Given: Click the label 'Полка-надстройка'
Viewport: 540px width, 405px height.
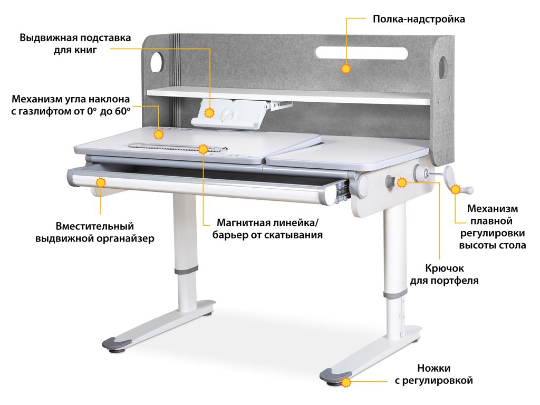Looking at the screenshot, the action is click(x=419, y=19).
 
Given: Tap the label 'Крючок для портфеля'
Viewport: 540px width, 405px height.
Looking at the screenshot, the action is click(x=444, y=274).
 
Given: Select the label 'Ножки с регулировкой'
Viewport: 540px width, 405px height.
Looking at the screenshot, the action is click(x=434, y=374).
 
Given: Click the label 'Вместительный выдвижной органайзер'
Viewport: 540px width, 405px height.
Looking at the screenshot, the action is click(x=95, y=233).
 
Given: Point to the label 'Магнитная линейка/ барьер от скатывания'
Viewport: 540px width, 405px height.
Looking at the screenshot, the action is click(x=267, y=229).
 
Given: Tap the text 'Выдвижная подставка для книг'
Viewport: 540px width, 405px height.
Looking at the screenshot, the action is click(x=75, y=44).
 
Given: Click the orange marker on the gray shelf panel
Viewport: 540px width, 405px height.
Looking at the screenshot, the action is click(x=346, y=69).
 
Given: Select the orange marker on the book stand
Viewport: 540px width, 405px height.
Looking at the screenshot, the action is click(x=209, y=113).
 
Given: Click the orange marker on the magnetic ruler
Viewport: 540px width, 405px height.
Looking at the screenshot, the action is click(x=203, y=149).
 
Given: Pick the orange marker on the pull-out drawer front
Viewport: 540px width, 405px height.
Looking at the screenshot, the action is click(x=101, y=182).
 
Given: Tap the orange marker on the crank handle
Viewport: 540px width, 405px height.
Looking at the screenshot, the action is click(x=456, y=189).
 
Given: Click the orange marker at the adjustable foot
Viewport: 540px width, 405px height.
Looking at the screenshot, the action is click(x=346, y=382).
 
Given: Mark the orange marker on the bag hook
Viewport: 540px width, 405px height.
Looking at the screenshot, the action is click(x=402, y=182).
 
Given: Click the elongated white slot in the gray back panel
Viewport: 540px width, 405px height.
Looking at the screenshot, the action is click(x=362, y=53).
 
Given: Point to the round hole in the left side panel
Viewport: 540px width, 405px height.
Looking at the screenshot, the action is click(x=157, y=62).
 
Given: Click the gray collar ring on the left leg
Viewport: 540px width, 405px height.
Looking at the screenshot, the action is click(x=186, y=269).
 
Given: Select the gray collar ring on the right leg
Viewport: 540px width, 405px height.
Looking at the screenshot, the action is click(x=394, y=294).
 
